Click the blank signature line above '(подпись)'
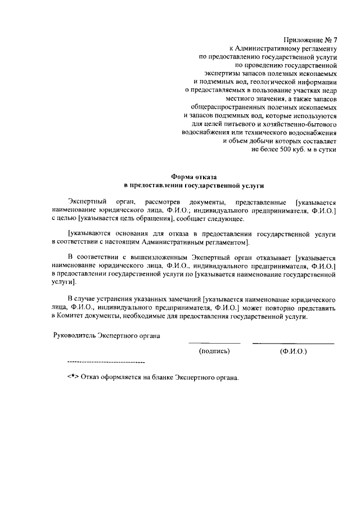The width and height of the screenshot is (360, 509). point(214,344)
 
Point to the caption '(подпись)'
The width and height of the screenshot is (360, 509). point(214,352)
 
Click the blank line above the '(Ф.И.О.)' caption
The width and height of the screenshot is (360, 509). point(292,344)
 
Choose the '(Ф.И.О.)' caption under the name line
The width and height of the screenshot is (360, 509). point(292,352)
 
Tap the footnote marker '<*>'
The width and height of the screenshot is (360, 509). point(73,377)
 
